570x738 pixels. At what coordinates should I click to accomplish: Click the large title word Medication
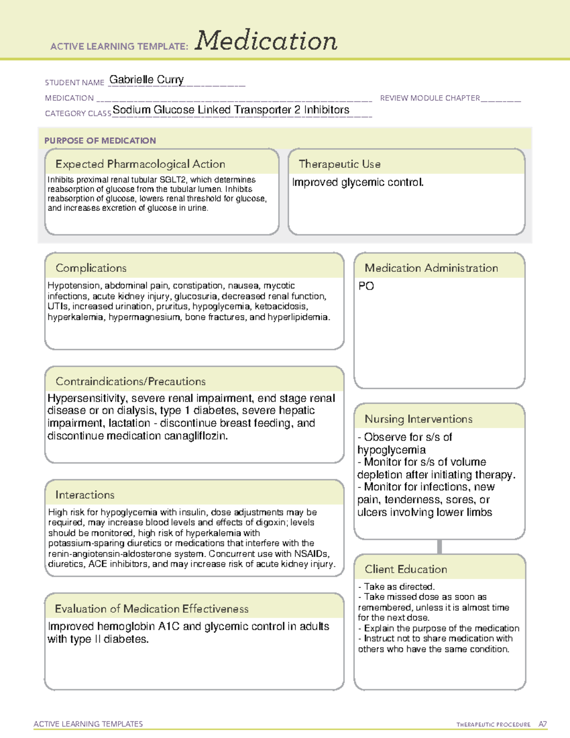(x=266, y=41)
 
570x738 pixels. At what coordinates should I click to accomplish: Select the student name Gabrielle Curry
(x=146, y=80)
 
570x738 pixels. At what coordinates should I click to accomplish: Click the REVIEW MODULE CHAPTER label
(x=430, y=98)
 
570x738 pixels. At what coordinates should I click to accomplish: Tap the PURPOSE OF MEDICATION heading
(x=100, y=141)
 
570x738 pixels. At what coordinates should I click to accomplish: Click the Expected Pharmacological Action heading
(x=140, y=164)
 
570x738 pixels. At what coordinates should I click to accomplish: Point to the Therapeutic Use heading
(x=339, y=164)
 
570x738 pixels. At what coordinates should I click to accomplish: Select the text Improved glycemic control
(x=358, y=182)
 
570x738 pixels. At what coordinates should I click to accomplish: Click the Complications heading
(x=91, y=268)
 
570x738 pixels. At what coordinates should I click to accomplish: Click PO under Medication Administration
(x=366, y=286)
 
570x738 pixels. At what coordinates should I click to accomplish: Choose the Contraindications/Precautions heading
(x=131, y=382)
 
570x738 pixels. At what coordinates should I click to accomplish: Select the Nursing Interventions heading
(x=418, y=419)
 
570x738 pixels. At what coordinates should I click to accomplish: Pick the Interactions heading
(x=85, y=495)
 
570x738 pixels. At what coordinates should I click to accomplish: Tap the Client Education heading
(x=406, y=569)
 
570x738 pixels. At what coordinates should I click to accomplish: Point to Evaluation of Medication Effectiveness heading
(x=152, y=609)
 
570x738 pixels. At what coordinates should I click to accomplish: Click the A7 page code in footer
(x=542, y=724)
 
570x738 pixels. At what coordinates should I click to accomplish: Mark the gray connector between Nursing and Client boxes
(x=439, y=546)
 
